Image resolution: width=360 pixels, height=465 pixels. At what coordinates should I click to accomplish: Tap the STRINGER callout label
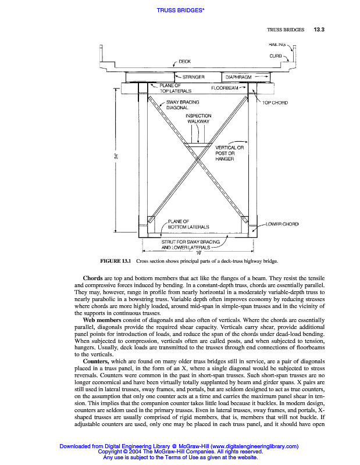click(x=196, y=77)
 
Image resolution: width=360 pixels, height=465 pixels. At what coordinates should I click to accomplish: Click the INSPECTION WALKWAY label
click(x=198, y=119)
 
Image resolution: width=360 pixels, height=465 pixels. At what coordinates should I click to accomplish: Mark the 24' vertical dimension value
click(x=117, y=156)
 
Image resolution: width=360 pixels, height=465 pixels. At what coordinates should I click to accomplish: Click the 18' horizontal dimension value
click(x=198, y=251)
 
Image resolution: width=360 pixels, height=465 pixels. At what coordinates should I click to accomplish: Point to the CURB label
click(x=276, y=56)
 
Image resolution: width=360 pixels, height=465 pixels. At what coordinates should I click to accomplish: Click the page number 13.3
click(x=319, y=29)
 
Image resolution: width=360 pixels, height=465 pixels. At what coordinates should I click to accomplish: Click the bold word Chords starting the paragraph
click(x=93, y=278)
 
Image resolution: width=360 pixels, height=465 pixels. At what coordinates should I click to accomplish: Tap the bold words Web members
click(x=103, y=320)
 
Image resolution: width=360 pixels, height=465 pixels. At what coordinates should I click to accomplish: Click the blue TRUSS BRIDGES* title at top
click(x=180, y=9)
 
